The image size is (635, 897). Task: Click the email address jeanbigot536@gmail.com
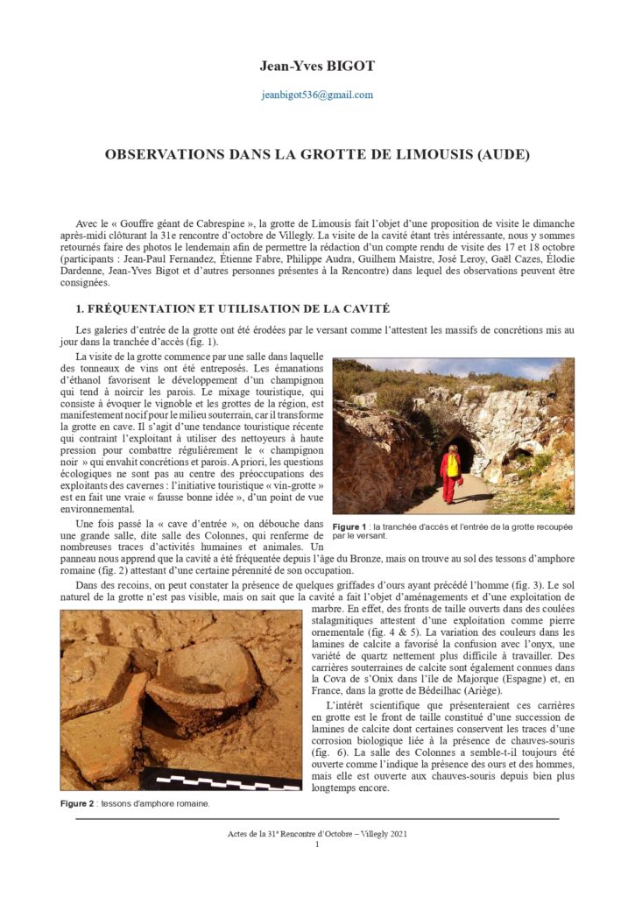(x=317, y=95)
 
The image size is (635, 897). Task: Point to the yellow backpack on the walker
(x=453, y=463)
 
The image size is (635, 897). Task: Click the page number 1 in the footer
(x=317, y=844)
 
